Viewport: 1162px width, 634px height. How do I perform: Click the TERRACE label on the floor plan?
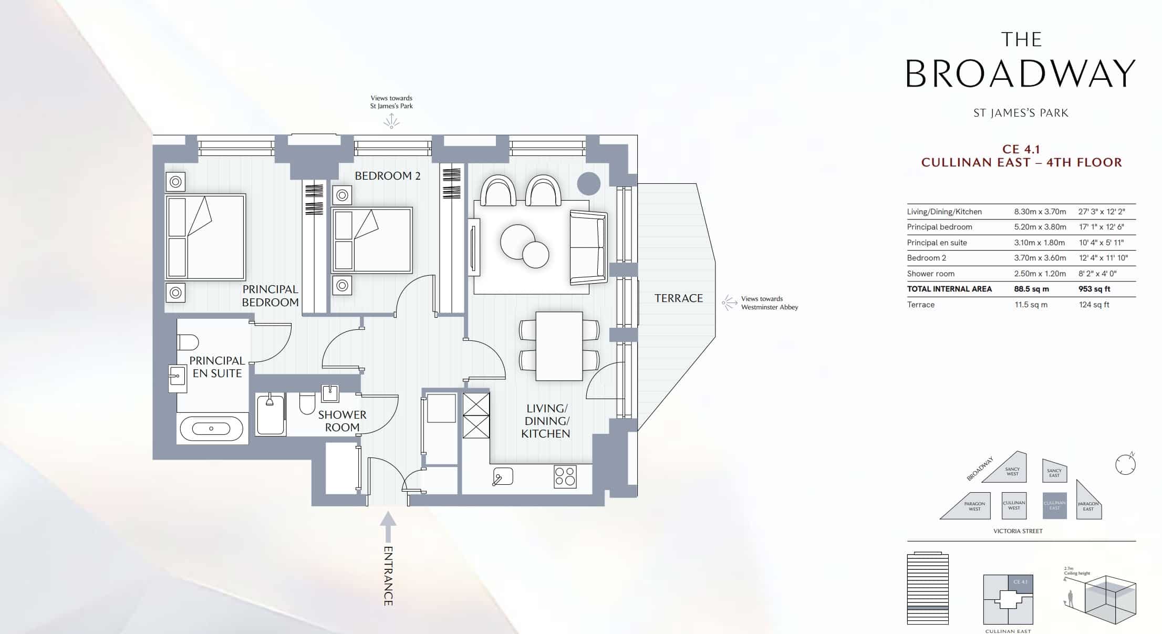678,298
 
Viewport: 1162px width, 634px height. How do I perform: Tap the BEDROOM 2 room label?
388,176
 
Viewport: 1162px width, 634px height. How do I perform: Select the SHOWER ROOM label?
342,421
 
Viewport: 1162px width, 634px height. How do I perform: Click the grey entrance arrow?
388,526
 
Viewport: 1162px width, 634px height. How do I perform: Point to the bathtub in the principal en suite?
212,429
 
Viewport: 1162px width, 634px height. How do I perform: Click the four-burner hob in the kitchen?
565,476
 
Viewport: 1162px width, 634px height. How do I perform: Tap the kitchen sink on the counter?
502,476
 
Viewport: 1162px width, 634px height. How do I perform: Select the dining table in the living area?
559,346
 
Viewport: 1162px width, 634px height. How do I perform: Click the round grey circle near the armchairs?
588,184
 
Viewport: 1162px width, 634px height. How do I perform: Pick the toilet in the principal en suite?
188,342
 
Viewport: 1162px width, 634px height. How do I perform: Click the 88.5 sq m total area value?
1031,289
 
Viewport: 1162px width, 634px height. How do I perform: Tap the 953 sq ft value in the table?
1094,289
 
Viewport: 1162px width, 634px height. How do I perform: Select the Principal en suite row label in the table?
937,243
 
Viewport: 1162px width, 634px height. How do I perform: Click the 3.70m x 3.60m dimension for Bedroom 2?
1040,258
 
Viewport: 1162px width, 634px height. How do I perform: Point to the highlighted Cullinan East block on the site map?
1054,505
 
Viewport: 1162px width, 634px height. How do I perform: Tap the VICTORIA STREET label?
1018,531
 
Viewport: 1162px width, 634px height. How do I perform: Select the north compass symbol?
1125,464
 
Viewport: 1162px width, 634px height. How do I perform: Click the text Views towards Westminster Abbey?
769,303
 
